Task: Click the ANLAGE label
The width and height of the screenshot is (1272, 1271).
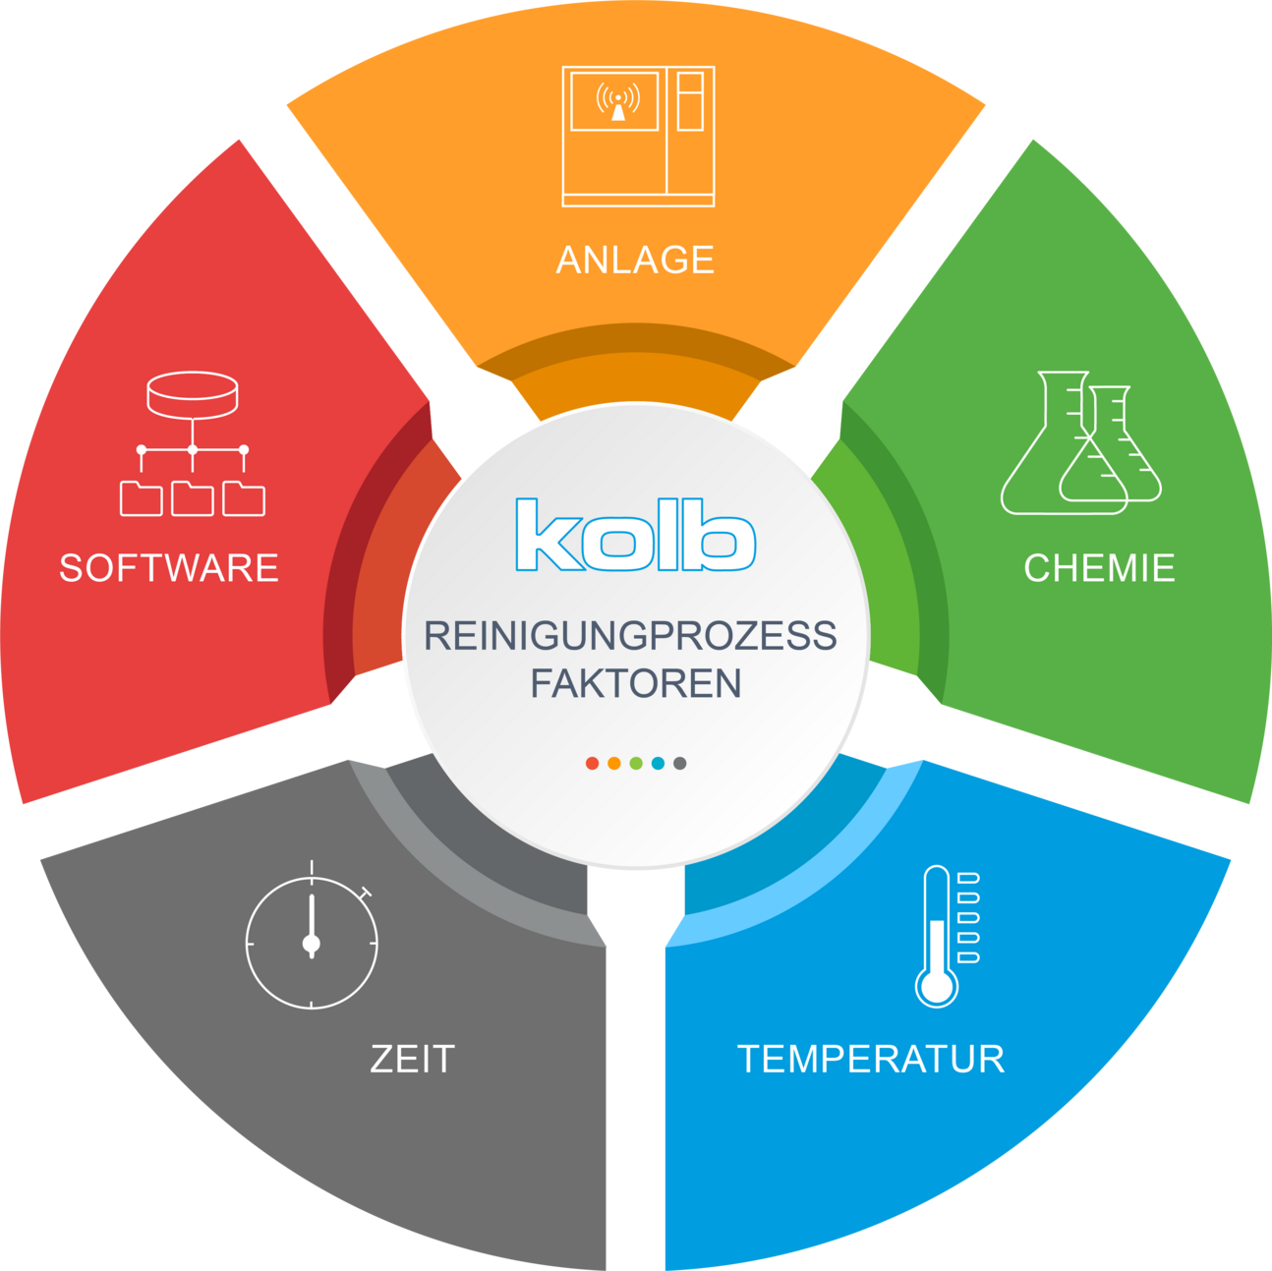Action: tap(635, 260)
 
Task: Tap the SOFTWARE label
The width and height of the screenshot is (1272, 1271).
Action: tap(170, 568)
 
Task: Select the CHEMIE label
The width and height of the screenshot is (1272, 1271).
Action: tap(1100, 568)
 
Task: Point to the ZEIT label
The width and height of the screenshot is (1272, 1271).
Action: tap(413, 1059)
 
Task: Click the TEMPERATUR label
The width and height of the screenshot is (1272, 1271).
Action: tap(871, 1059)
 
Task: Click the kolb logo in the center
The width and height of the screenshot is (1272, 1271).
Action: tap(636, 535)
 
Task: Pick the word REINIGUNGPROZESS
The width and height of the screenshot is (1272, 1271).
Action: tap(630, 636)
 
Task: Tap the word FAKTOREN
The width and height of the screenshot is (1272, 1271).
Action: tap(636, 683)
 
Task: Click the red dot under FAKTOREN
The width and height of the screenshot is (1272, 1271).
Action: tap(592, 763)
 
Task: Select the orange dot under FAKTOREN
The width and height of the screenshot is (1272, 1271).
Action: tap(614, 763)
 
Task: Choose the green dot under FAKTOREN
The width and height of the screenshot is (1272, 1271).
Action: tap(636, 763)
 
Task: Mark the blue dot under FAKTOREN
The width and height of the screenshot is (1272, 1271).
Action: tap(658, 763)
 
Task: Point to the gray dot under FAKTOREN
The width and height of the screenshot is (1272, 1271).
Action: tap(680, 763)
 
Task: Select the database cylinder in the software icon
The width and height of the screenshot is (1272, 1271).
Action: tap(192, 395)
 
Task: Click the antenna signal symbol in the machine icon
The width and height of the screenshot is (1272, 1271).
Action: tap(618, 101)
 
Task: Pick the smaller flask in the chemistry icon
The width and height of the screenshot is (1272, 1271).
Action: tap(1110, 444)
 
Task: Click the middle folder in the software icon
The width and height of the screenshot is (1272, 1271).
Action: tap(192, 498)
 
